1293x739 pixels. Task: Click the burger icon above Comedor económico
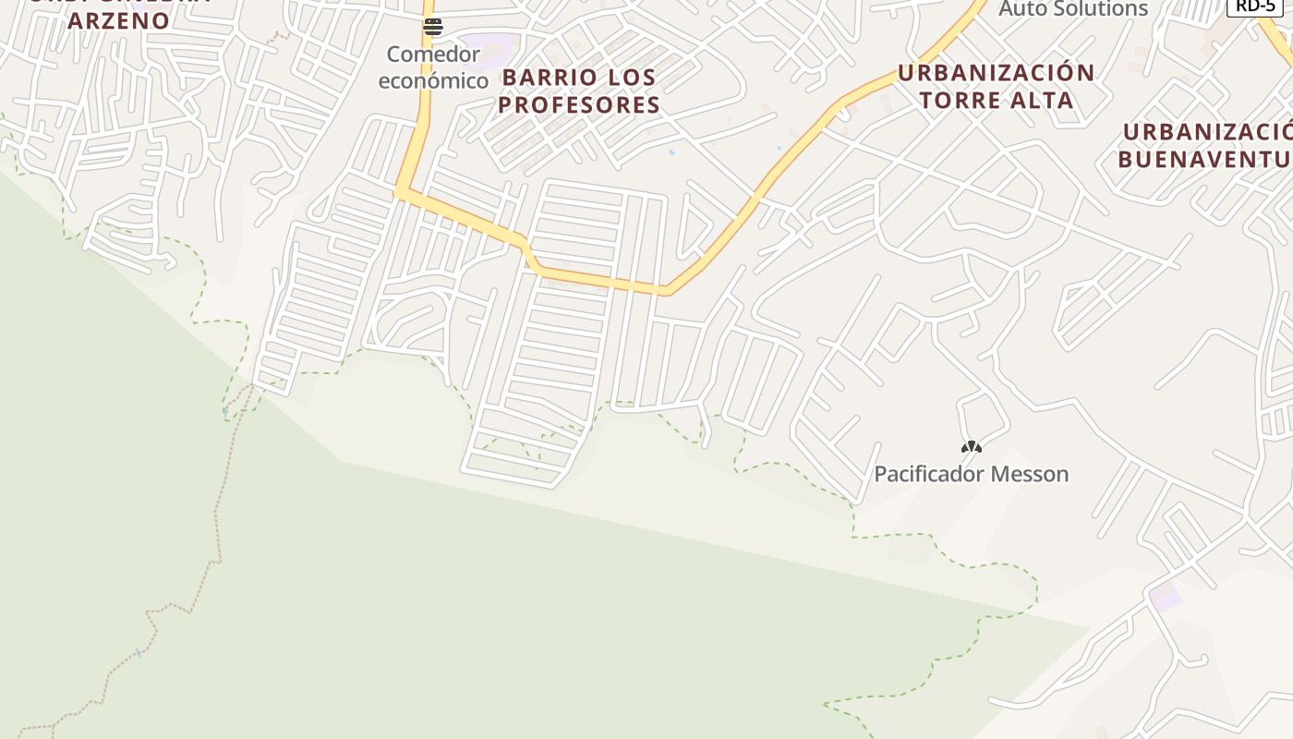[x=433, y=27]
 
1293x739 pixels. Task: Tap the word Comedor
[x=433, y=55]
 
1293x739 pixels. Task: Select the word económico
[x=433, y=80]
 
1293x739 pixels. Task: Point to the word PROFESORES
[x=579, y=104]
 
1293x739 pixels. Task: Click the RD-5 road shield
[x=1254, y=6]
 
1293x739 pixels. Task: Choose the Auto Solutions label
[x=1073, y=9]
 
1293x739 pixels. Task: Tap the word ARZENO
[x=118, y=20]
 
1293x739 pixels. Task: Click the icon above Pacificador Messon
[x=971, y=447]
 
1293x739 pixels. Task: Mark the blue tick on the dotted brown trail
[x=139, y=652]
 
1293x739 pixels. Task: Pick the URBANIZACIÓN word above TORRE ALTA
[x=996, y=73]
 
